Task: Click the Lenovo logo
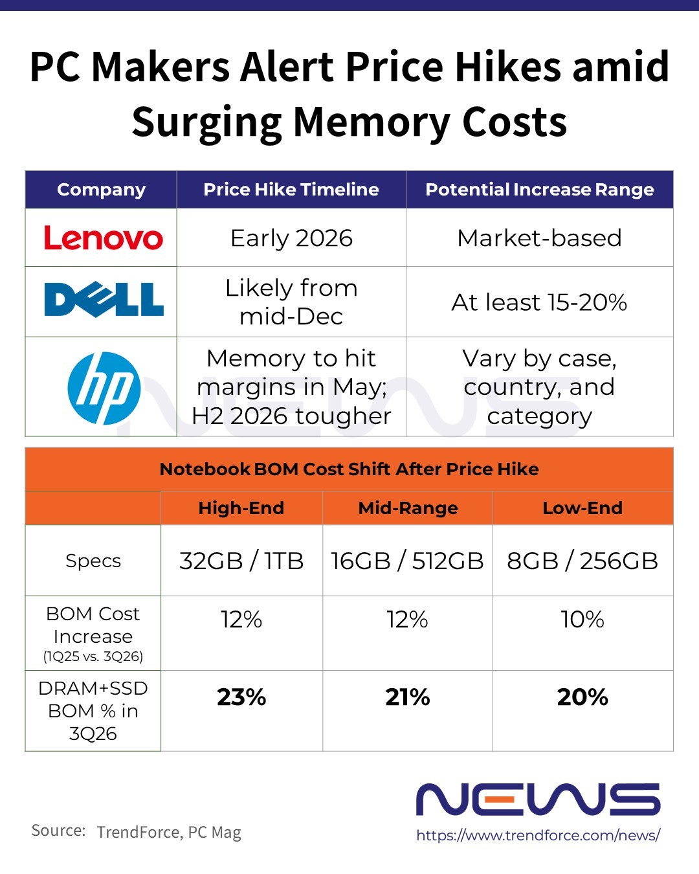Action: (x=103, y=238)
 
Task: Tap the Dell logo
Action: (x=104, y=300)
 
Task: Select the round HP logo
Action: (x=104, y=388)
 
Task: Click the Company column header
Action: (x=101, y=190)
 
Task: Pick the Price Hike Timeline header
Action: (x=291, y=190)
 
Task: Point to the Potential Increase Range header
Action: (x=539, y=190)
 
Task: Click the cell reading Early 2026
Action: (x=291, y=238)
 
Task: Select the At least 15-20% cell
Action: (x=539, y=302)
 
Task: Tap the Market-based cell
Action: (x=539, y=238)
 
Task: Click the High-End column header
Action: (x=241, y=508)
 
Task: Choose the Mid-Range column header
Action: (x=408, y=508)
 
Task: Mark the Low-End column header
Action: (x=582, y=508)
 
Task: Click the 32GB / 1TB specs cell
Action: (x=241, y=561)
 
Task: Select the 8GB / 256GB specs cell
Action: (x=582, y=561)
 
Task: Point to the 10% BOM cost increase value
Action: (x=582, y=620)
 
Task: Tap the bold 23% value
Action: (x=241, y=697)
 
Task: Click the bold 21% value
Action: (x=408, y=697)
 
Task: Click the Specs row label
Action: (x=93, y=561)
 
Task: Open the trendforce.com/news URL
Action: (x=538, y=835)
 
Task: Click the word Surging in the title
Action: (x=207, y=122)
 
